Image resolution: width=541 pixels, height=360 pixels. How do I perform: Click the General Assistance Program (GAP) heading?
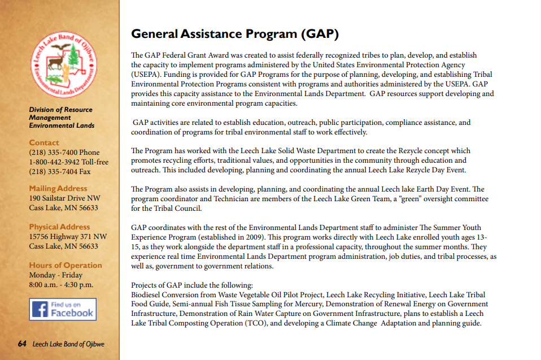pos(235,34)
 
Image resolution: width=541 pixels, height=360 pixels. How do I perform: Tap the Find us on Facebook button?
pos(63,309)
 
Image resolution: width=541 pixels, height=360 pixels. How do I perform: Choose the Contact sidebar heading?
pos(44,143)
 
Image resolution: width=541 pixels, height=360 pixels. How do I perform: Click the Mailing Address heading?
pos(58,188)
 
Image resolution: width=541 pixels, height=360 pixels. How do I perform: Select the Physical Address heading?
pos(59,227)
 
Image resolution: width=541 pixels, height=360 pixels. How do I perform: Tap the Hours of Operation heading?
pos(66,265)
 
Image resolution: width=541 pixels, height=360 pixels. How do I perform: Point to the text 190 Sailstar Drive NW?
pos(64,198)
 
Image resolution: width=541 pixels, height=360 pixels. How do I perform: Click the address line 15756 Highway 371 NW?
pos(68,237)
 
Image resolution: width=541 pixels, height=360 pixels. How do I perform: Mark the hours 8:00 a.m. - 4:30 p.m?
pos(61,285)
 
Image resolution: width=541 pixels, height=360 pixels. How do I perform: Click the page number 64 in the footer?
pos(22,344)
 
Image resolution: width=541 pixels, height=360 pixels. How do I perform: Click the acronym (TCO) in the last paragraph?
pos(255,323)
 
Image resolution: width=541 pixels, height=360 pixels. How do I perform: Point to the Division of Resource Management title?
pos(61,114)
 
